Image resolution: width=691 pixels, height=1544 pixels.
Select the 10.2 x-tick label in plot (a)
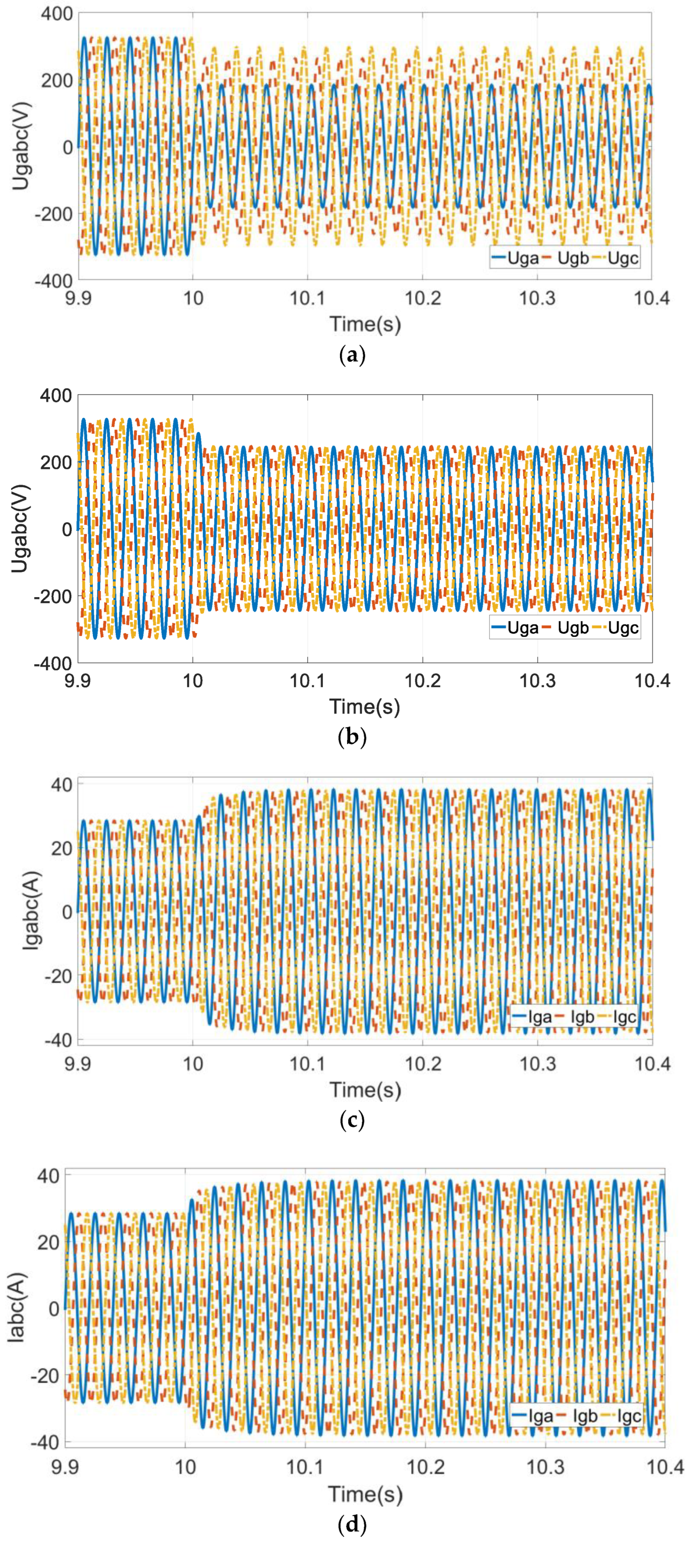click(422, 298)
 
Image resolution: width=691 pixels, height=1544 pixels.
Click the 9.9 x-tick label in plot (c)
click(78, 1063)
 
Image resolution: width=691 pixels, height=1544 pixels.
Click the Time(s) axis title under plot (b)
click(365, 707)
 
